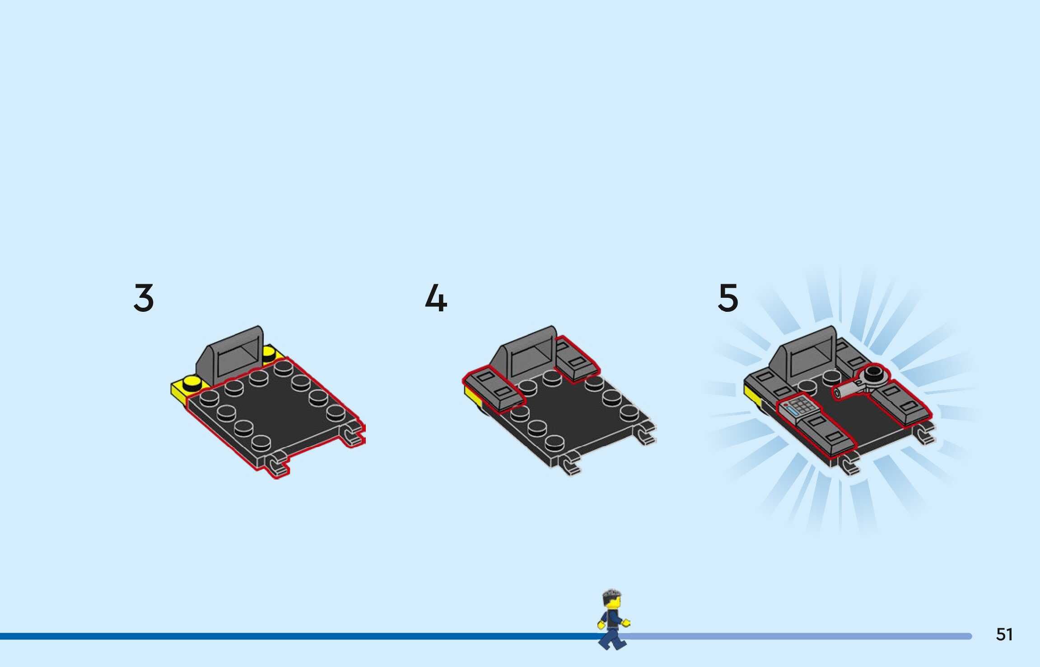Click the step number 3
coord(144,298)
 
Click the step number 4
coord(436,298)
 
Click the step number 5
coord(728,298)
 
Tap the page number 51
coord(1004,634)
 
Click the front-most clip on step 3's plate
coord(276,465)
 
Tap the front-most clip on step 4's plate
coord(570,465)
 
